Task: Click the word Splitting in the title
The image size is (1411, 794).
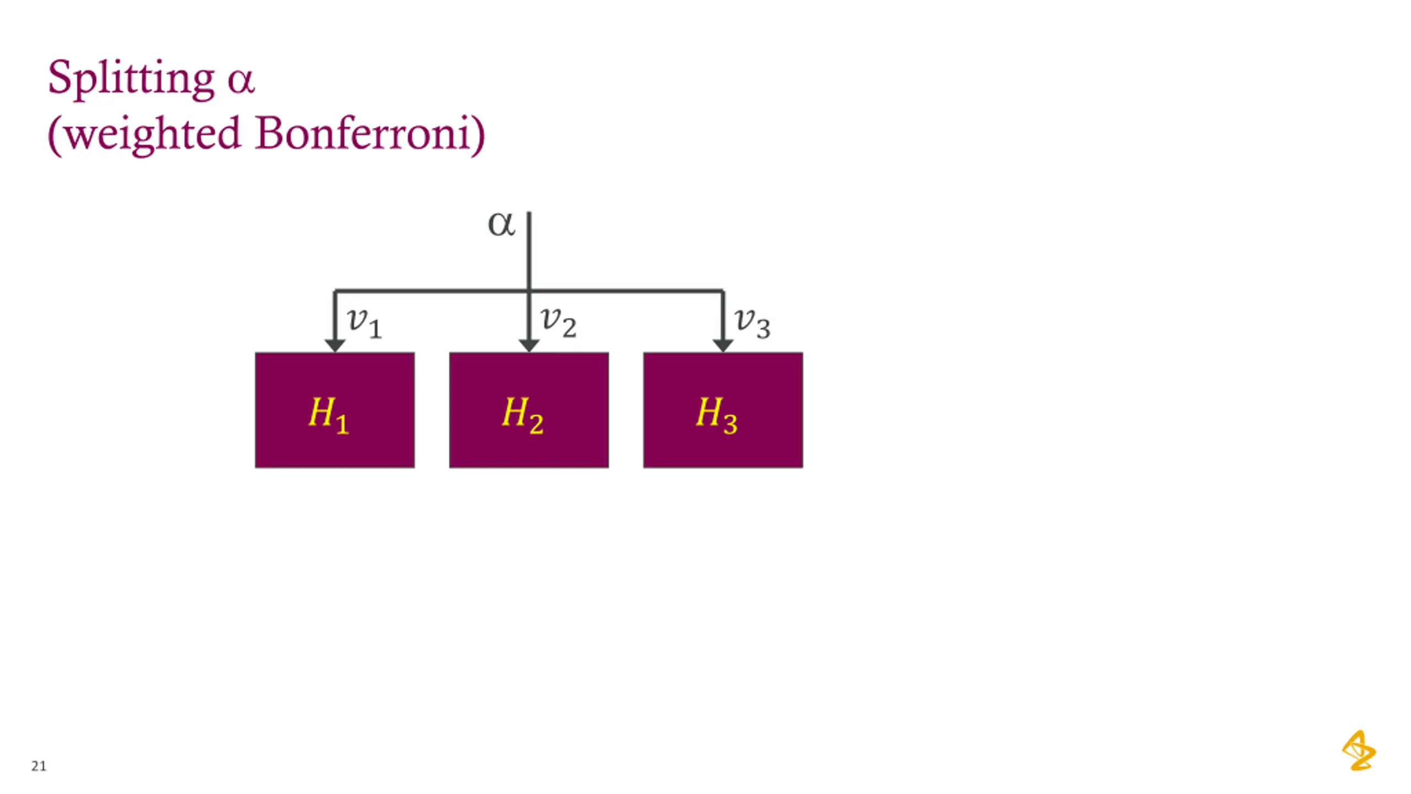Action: (131, 78)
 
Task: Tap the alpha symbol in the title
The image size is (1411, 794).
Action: (241, 81)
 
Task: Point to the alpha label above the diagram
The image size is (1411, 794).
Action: (501, 224)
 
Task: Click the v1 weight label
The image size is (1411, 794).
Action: (364, 322)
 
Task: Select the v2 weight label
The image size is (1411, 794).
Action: (558, 321)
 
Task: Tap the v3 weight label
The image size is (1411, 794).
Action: (752, 323)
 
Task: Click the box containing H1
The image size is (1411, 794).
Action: (335, 441)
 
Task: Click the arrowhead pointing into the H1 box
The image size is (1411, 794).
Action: (335, 346)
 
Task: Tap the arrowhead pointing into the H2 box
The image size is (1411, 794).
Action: (529, 346)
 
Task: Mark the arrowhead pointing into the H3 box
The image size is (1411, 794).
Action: (723, 346)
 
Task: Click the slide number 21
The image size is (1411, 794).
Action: (39, 766)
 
